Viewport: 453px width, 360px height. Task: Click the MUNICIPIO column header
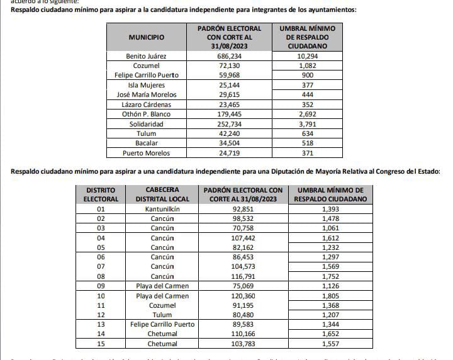[146, 38]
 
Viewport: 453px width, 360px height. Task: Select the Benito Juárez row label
[146, 56]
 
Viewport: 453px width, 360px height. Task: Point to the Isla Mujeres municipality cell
[146, 85]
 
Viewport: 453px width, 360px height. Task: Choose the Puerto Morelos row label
[146, 153]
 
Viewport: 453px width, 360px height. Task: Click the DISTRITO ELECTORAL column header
[101, 194]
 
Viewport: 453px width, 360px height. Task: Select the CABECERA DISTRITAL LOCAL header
[162, 194]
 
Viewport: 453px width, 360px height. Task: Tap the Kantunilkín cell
[162, 208]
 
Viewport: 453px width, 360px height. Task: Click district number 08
[101, 276]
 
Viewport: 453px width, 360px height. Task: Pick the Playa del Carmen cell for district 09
[162, 286]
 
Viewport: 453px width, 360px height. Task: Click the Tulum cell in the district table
[162, 315]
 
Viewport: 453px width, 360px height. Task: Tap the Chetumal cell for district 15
[162, 344]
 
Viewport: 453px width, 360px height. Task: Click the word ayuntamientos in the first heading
[333, 11]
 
